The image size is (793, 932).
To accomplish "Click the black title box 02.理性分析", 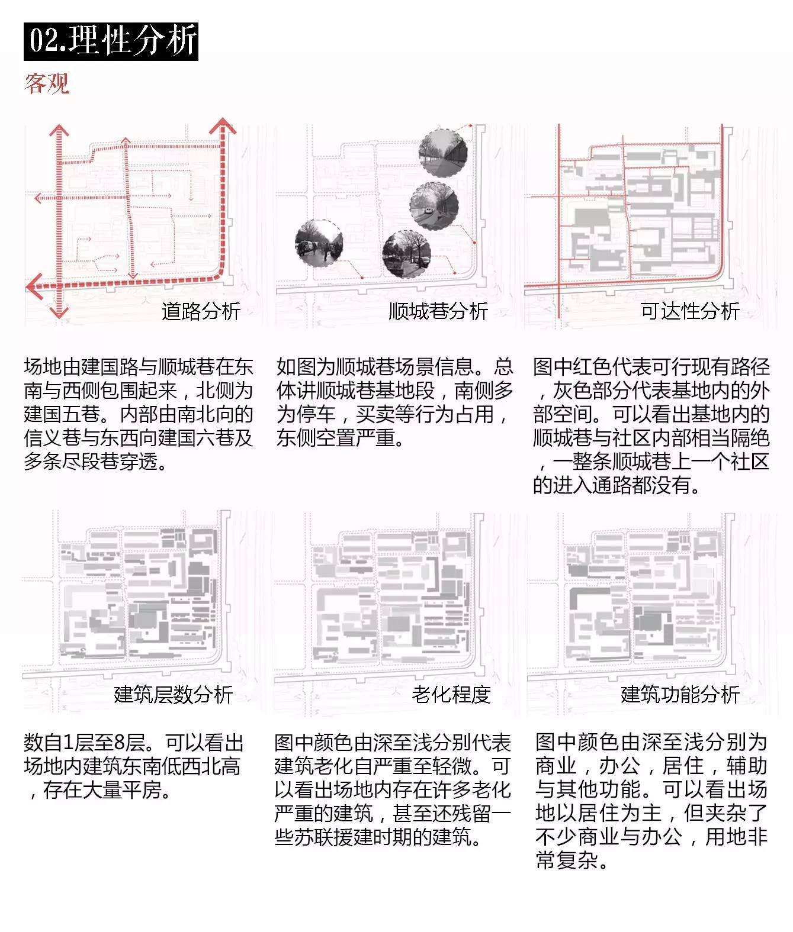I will pos(111,41).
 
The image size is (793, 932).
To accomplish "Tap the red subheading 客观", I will pos(47,83).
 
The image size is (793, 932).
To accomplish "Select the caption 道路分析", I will pos(201,311).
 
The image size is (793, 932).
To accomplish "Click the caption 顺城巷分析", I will pos(438,311).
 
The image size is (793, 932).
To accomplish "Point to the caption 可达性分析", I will pos(690,311).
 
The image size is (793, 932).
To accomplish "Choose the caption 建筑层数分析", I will pos(174,694).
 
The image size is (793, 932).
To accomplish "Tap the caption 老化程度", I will pos(451,694).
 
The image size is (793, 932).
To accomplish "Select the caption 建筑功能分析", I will pos(680,694).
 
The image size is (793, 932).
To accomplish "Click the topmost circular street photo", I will pos(443,153).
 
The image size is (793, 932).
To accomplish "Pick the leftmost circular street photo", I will pos(319,243).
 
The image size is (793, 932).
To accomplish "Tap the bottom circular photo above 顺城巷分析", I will pos(406,254).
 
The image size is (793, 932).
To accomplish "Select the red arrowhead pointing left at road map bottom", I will pos(34,286).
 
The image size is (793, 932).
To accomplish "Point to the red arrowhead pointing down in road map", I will pos(58,312).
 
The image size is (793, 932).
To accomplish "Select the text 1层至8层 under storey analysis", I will pos(103,743).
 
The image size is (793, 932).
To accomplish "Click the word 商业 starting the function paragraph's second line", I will pos(555,766).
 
